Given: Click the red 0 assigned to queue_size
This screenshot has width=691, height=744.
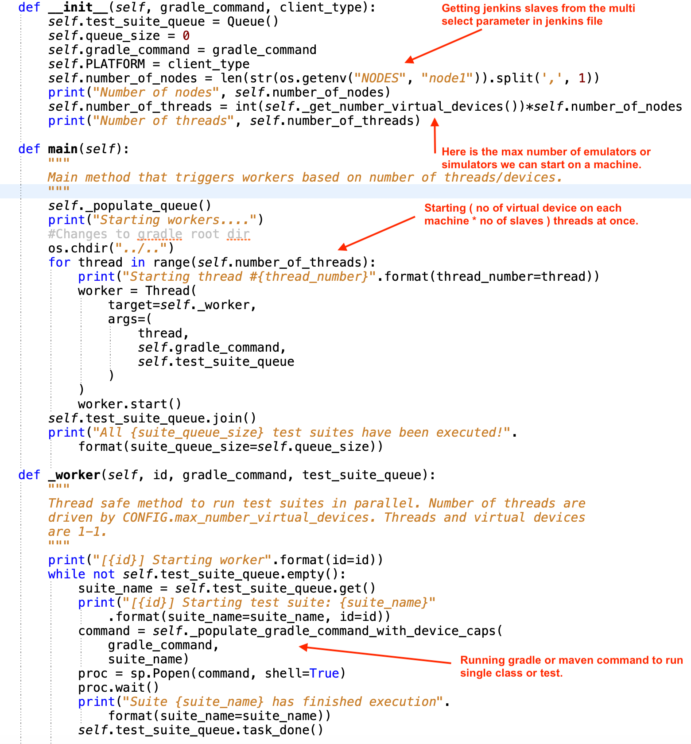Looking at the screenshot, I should click(x=186, y=36).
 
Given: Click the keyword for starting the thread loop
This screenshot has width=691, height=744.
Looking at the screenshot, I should click(x=59, y=263).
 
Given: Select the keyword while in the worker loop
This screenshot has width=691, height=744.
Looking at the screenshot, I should click(x=66, y=574).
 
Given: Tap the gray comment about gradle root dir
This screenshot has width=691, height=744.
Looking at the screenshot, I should click(x=149, y=234).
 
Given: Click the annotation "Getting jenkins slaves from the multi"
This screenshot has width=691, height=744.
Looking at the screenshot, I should click(x=538, y=8).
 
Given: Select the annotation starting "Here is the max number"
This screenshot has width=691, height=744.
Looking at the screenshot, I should click(x=546, y=152).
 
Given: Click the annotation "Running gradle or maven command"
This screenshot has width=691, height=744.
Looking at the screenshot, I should click(x=571, y=660).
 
